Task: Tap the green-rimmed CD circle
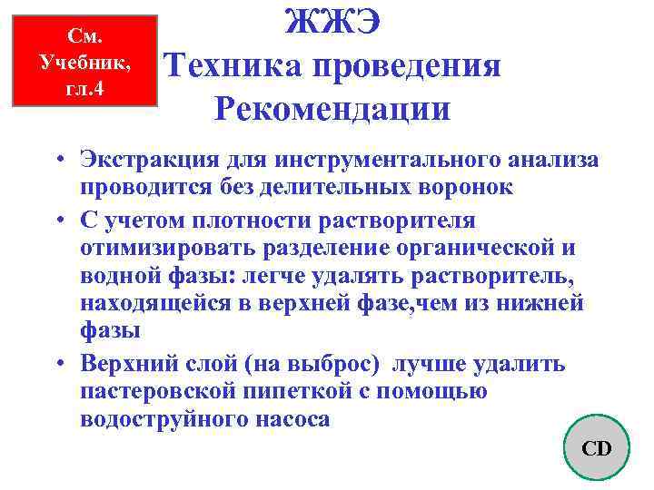coord(596,447)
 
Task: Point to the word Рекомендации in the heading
coord(332,109)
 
